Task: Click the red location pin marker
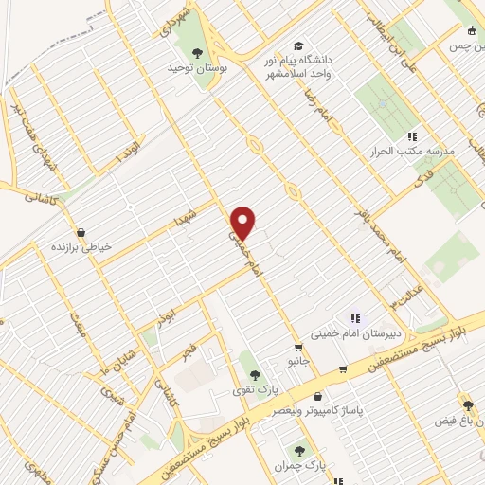point(243,223)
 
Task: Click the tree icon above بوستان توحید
point(198,52)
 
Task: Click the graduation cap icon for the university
point(298,45)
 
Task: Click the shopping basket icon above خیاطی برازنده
point(81,231)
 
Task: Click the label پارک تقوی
point(248,389)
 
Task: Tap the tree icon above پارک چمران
point(299,452)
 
